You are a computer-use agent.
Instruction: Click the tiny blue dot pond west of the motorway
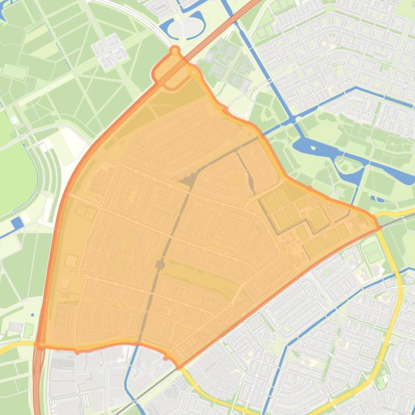click(33, 315)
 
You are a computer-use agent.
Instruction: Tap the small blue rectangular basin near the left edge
click(17, 222)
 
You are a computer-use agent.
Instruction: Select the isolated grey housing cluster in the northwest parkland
click(110, 49)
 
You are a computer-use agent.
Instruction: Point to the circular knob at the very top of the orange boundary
click(174, 51)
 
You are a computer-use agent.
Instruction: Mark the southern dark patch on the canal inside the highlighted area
click(160, 265)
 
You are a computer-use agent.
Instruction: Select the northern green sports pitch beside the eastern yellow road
click(371, 248)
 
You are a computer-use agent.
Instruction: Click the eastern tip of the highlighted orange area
click(380, 227)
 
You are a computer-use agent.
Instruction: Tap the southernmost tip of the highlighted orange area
click(178, 368)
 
